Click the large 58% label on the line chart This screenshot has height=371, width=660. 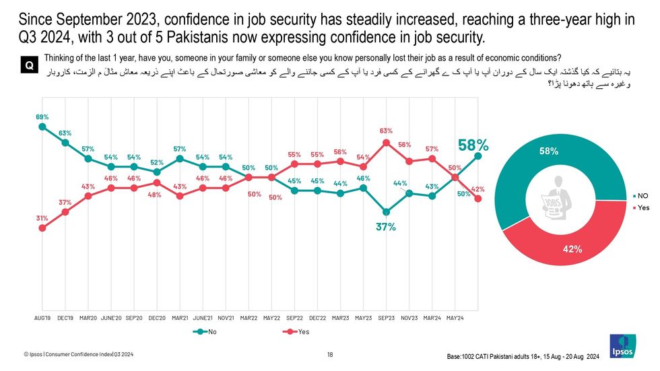pyautogui.click(x=474, y=145)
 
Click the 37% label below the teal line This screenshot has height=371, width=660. pyautogui.click(x=385, y=227)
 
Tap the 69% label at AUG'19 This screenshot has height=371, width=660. pyautogui.click(x=42, y=117)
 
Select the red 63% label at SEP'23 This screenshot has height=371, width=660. pyautogui.click(x=386, y=131)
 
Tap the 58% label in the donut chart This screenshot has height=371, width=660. pyautogui.click(x=548, y=151)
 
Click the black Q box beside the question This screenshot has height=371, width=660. pyautogui.click(x=30, y=65)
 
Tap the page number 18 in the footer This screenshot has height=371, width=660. pyautogui.click(x=330, y=354)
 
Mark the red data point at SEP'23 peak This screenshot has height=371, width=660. pyautogui.click(x=386, y=143)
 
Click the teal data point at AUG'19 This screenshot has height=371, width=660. pyautogui.click(x=42, y=126)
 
